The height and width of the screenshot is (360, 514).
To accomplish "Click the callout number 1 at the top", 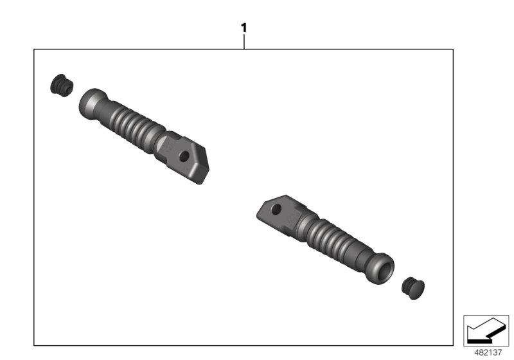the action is point(244,28).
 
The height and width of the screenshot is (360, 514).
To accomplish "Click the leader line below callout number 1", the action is point(244,42).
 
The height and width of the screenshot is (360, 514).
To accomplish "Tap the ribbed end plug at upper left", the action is point(62,85).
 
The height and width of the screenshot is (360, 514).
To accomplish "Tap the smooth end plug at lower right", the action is point(413,288).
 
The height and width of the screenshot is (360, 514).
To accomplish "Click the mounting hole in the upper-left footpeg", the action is point(184,156).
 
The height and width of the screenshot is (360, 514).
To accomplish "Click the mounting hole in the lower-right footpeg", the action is point(276,209).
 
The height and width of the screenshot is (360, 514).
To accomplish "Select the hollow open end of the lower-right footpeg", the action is point(382,269).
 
